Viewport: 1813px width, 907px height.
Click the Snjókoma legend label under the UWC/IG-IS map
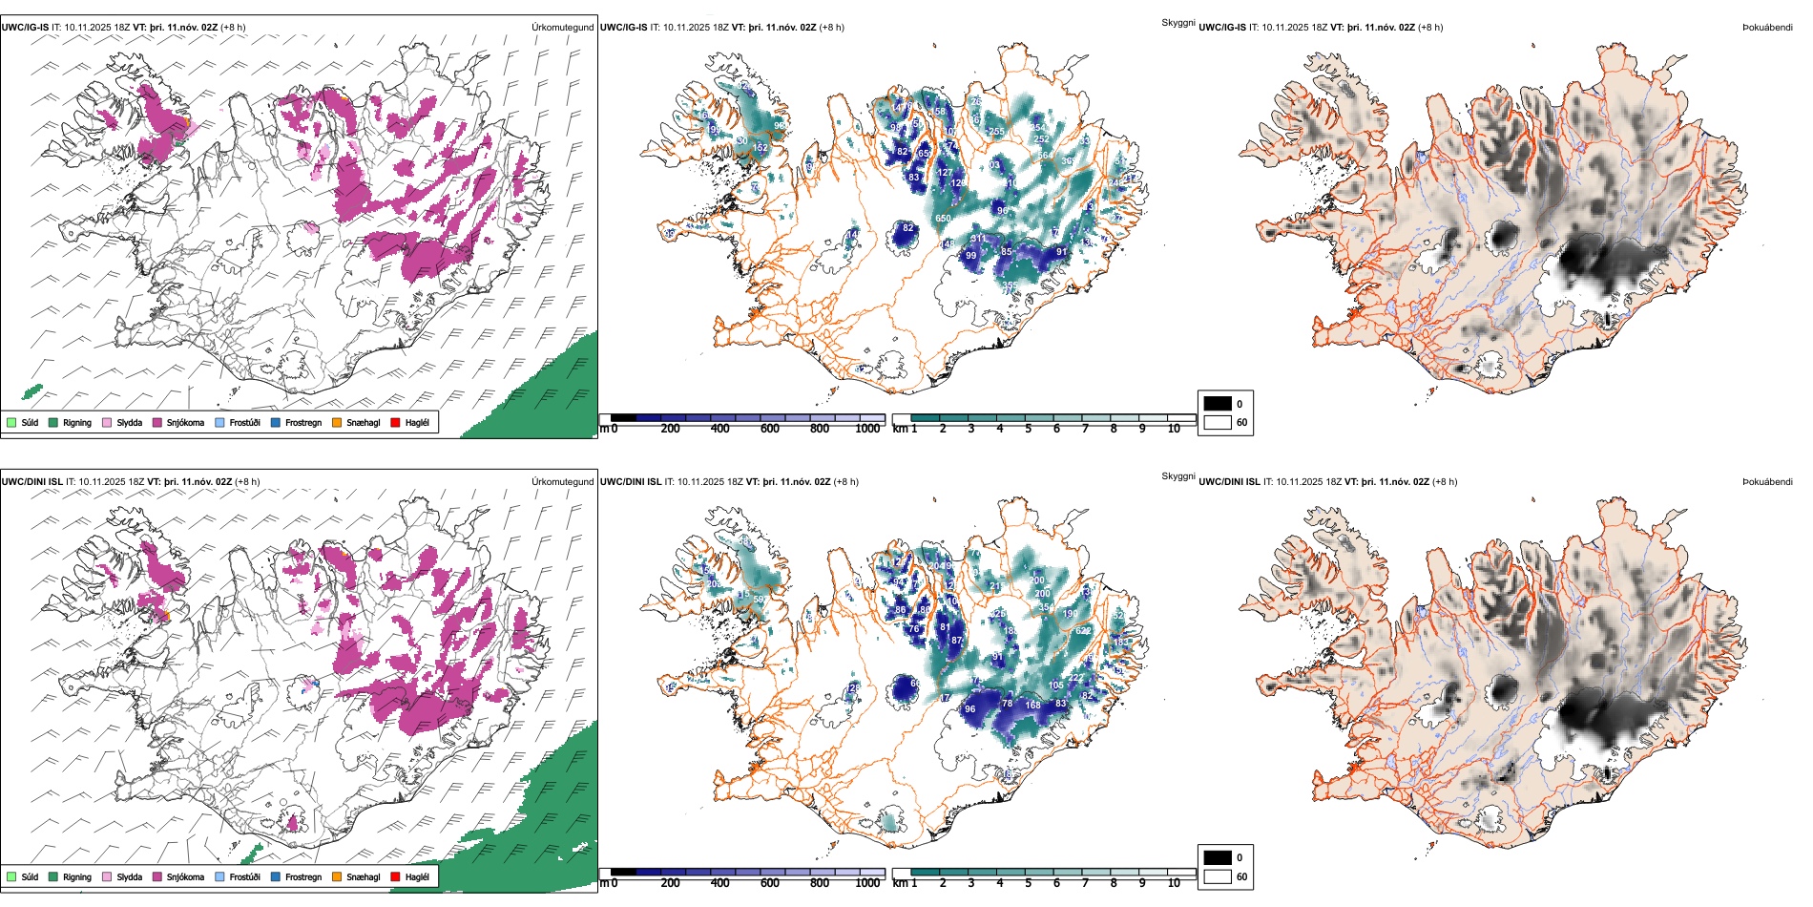tap(185, 422)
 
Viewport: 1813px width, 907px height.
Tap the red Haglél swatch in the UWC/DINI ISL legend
tap(396, 876)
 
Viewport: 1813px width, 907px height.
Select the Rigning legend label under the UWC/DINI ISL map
tap(77, 876)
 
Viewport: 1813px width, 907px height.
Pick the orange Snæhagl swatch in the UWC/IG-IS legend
tap(337, 422)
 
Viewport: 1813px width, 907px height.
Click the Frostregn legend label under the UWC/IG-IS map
tap(303, 422)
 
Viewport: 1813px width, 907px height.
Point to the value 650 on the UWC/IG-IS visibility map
tap(943, 219)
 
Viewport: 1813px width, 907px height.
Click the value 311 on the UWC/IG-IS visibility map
tap(979, 239)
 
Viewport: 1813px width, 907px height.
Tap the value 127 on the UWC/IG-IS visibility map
tap(945, 173)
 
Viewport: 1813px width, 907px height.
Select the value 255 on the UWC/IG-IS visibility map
tap(996, 132)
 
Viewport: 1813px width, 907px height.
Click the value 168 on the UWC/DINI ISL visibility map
tap(1033, 705)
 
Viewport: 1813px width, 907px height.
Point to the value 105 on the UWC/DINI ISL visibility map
tap(1055, 686)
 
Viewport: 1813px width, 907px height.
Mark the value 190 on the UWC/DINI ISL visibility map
tap(1071, 614)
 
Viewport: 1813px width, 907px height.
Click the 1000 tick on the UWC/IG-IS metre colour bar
tap(867, 429)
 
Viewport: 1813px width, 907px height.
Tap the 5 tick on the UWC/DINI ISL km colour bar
tap(1028, 883)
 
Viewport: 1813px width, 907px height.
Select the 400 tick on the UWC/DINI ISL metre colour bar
tap(719, 883)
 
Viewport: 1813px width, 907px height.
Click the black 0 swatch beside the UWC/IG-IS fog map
tap(1218, 403)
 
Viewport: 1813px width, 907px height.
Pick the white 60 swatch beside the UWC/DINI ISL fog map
tap(1218, 875)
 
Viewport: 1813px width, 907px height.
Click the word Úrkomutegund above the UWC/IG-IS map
tap(562, 27)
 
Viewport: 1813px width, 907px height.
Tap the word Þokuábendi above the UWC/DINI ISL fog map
tap(1767, 481)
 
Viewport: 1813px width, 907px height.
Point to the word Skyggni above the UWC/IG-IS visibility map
tap(1177, 22)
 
